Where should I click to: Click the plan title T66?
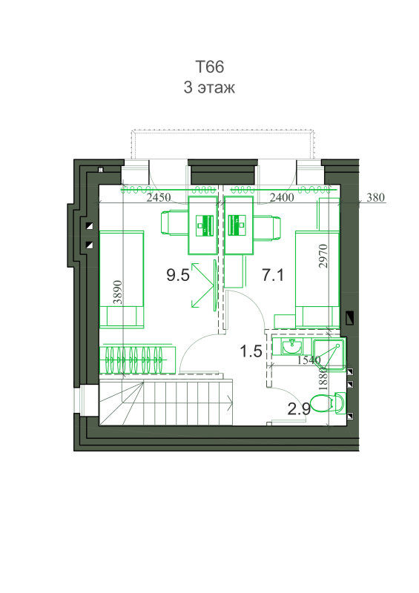coord(209,67)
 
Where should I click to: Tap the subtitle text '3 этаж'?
coord(209,87)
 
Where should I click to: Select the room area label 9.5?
coord(178,275)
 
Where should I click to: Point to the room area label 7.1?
coord(272,275)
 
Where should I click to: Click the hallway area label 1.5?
coord(251,351)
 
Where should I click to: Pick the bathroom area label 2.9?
coord(299,409)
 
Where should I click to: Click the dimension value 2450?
coord(159,197)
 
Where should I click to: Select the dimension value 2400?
coord(282,197)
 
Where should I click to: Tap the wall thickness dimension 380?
coord(375,197)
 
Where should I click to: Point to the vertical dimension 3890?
coord(119,292)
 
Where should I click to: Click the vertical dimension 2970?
coord(323,256)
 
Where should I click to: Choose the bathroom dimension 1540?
coord(309,360)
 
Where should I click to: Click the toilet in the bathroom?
coord(327,403)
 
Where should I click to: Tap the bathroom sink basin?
coord(292,347)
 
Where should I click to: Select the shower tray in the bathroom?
coord(329,354)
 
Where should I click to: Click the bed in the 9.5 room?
coord(122,279)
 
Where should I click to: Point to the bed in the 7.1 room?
coord(317,279)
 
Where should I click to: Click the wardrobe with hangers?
coord(137,359)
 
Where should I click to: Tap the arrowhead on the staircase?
coord(230,402)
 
